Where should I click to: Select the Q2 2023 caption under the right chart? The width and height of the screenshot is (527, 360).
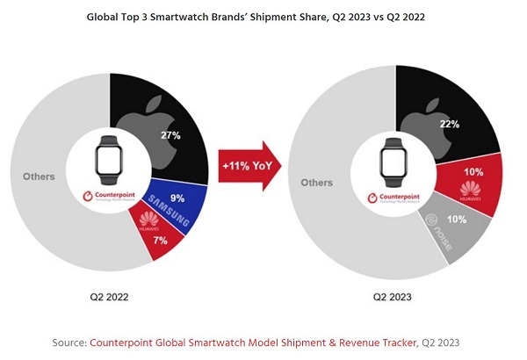[x=394, y=297]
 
